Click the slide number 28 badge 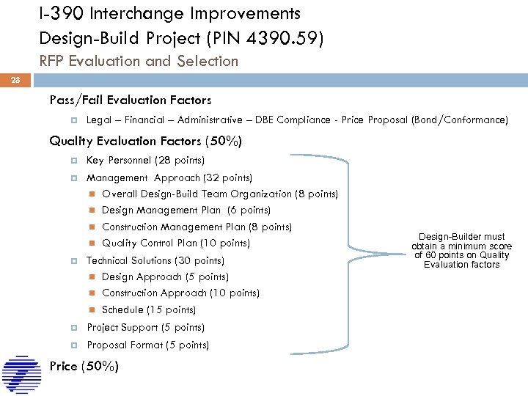click(15, 80)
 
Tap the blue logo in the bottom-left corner click(21, 375)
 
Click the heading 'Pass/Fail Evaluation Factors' click(130, 100)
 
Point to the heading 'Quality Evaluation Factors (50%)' click(145, 141)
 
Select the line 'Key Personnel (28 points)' click(145, 160)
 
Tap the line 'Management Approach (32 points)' click(169, 177)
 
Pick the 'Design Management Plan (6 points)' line click(186, 210)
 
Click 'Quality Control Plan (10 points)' click(176, 243)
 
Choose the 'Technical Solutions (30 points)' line click(155, 260)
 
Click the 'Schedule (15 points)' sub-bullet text click(149, 309)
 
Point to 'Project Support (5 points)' click(145, 327)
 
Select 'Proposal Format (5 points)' click(147, 345)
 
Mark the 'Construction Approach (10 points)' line click(180, 293)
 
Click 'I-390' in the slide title click(62, 13)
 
